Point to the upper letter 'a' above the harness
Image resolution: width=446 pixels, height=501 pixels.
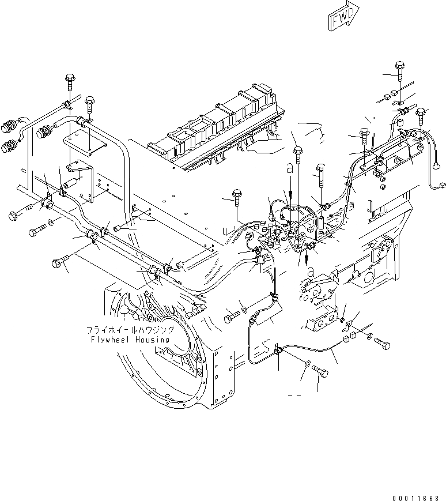(290, 167)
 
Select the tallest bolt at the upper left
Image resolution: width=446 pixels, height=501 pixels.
(70, 82)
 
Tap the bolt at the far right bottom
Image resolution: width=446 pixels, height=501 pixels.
(381, 344)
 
